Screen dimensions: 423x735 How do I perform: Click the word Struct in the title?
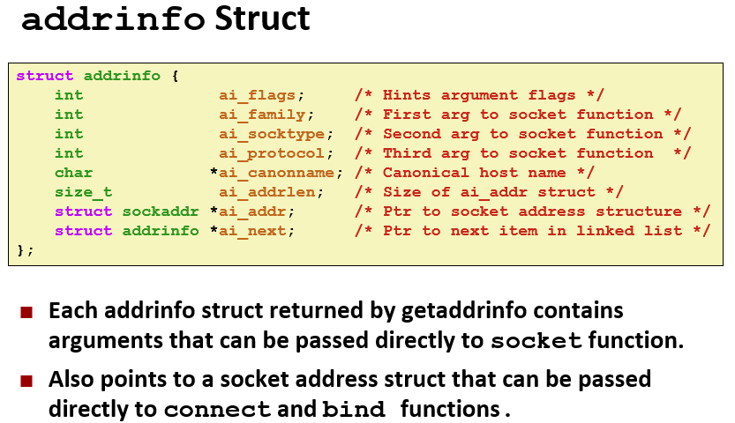tap(261, 19)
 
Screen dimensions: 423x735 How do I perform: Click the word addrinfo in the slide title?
tap(113, 19)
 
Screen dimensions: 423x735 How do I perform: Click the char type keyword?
tap(73, 173)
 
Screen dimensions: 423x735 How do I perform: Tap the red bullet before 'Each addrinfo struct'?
tap(26, 312)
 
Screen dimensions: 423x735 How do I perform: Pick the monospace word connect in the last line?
tap(217, 411)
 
